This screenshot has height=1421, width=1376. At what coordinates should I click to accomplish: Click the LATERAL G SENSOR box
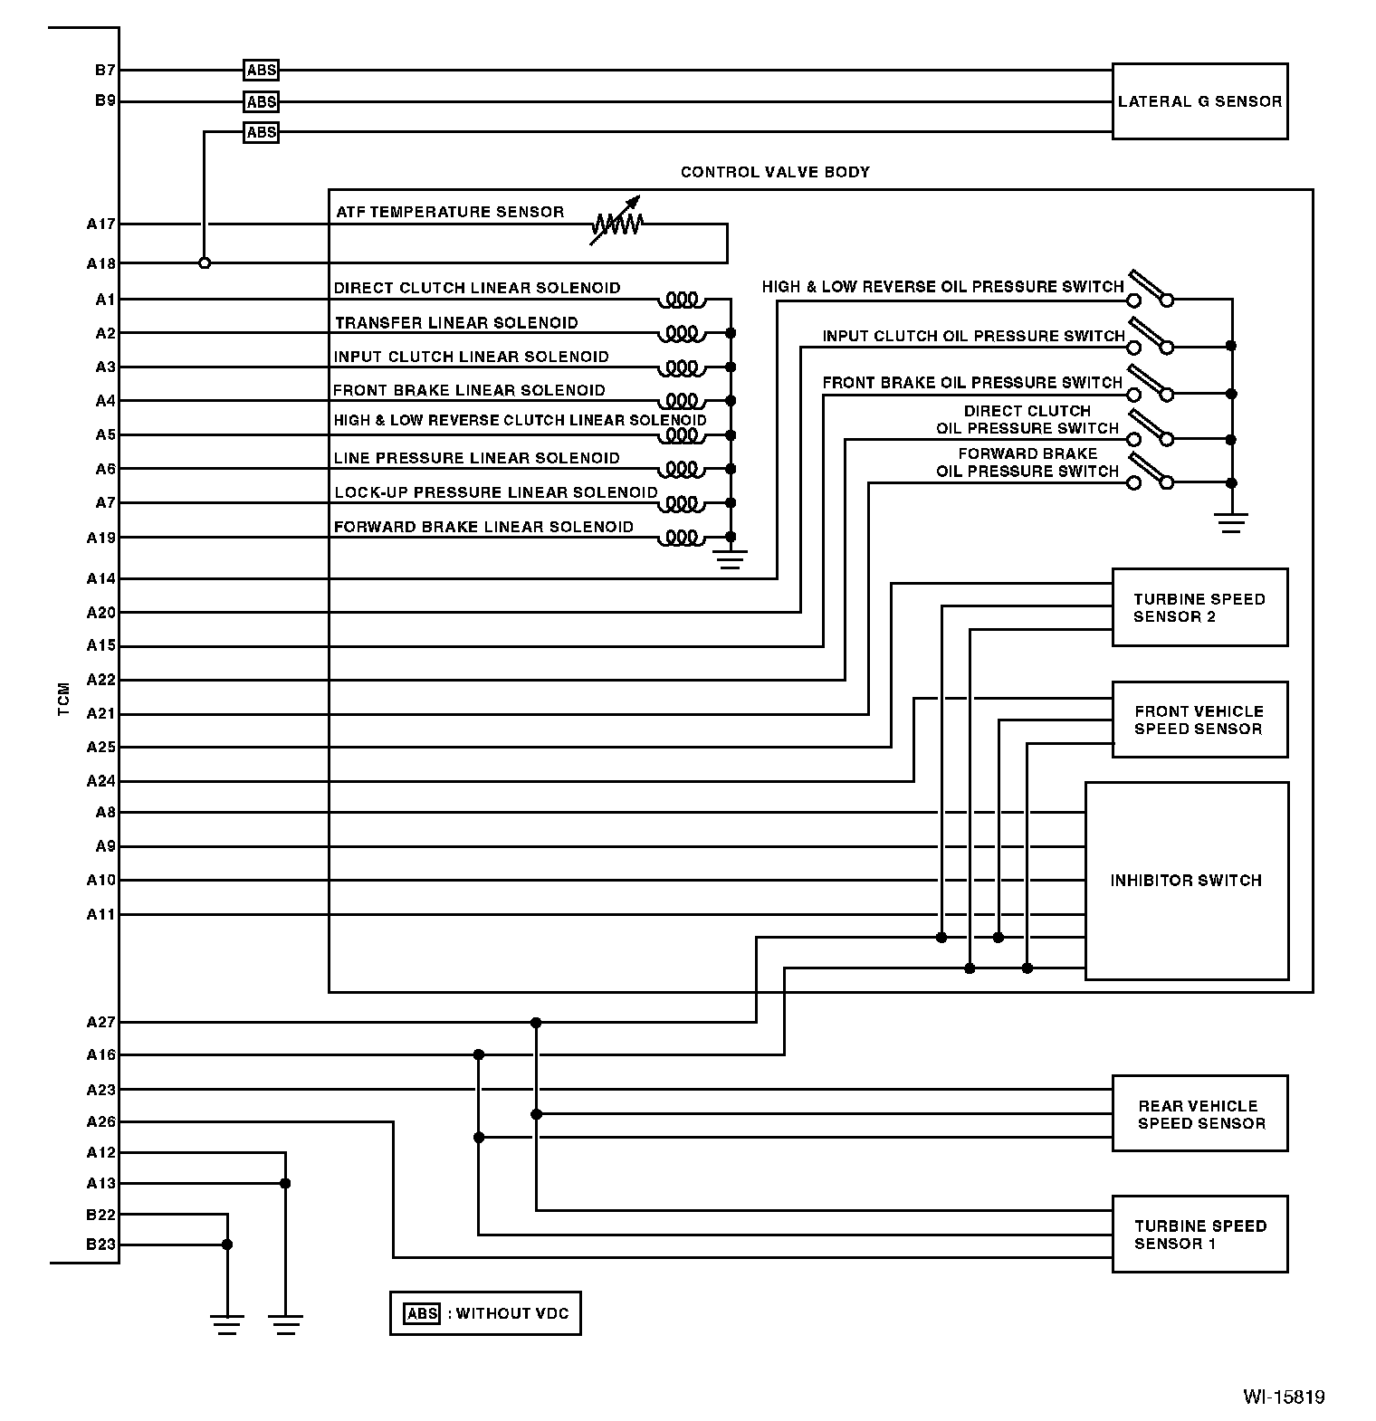[1199, 101]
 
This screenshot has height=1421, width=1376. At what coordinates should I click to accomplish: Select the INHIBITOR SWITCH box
[1186, 881]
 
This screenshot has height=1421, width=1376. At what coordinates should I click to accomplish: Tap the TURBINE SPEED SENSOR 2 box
[1199, 607]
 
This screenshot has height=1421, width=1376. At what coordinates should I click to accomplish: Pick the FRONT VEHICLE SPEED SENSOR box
[1199, 720]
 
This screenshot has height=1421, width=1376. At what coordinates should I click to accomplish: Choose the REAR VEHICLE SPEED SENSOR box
[1199, 1114]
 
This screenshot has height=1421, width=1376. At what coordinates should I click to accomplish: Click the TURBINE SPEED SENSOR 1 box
[1199, 1235]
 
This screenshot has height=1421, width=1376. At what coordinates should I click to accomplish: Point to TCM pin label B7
[105, 70]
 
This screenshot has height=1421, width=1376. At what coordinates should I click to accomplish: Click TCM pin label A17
[101, 224]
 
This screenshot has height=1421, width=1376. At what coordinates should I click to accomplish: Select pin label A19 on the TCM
[101, 538]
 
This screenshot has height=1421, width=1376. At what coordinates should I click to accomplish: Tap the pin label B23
[101, 1245]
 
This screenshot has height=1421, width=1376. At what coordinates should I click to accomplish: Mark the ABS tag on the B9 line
[262, 101]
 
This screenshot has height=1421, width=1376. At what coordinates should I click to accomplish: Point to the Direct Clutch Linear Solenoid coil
[683, 299]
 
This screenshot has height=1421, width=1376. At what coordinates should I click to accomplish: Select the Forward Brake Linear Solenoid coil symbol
[683, 539]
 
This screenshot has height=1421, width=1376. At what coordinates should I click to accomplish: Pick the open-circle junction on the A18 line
[205, 263]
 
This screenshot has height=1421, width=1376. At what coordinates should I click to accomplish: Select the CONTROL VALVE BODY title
[775, 172]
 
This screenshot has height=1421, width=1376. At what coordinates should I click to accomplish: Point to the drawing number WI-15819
[1283, 1397]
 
